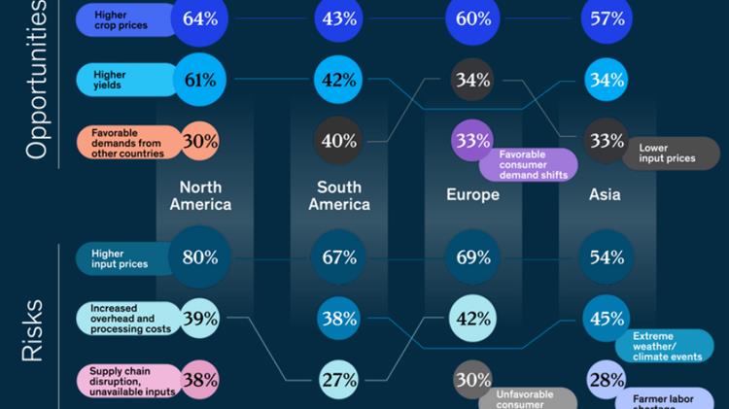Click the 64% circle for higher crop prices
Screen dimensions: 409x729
point(200,17)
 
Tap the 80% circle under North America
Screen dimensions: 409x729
point(200,257)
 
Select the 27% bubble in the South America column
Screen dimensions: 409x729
point(338,380)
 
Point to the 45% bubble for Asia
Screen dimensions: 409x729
point(607,318)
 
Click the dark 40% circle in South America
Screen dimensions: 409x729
point(338,141)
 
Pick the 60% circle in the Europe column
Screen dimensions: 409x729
point(472,17)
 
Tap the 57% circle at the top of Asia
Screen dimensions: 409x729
point(607,17)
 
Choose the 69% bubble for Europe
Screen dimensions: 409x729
point(472,257)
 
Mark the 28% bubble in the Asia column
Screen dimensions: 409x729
point(607,380)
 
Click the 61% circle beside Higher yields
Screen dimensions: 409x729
point(200,80)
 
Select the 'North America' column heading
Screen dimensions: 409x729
point(200,195)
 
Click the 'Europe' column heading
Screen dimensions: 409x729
point(472,195)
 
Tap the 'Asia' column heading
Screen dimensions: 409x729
point(605,195)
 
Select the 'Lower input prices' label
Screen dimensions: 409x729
point(672,153)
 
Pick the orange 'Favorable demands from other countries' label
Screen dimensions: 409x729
point(127,141)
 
